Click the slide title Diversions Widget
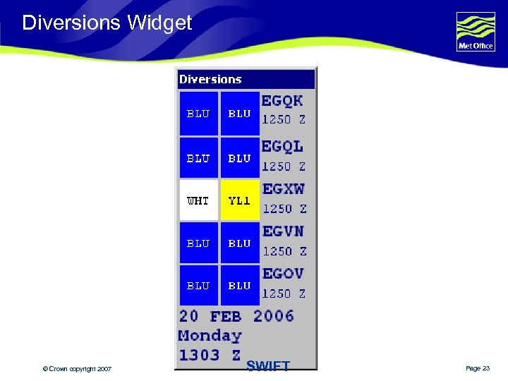[x=107, y=23]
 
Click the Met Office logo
[x=476, y=32]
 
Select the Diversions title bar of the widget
[x=246, y=79]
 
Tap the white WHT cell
[x=198, y=200]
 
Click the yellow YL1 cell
[x=240, y=200]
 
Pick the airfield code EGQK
[x=282, y=102]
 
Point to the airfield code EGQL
[x=282, y=147]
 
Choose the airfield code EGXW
[x=283, y=190]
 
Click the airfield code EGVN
[x=283, y=231]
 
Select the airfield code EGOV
[x=283, y=274]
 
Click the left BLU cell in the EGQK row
[x=198, y=113]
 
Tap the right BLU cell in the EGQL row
[x=240, y=158]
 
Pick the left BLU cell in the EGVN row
[x=198, y=243]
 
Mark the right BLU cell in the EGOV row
[x=240, y=285]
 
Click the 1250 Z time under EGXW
[x=284, y=209]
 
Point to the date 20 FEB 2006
[x=236, y=316]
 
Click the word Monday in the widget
[x=210, y=336]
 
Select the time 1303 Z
[x=210, y=356]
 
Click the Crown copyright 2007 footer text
[x=77, y=369]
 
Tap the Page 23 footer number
[x=478, y=369]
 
